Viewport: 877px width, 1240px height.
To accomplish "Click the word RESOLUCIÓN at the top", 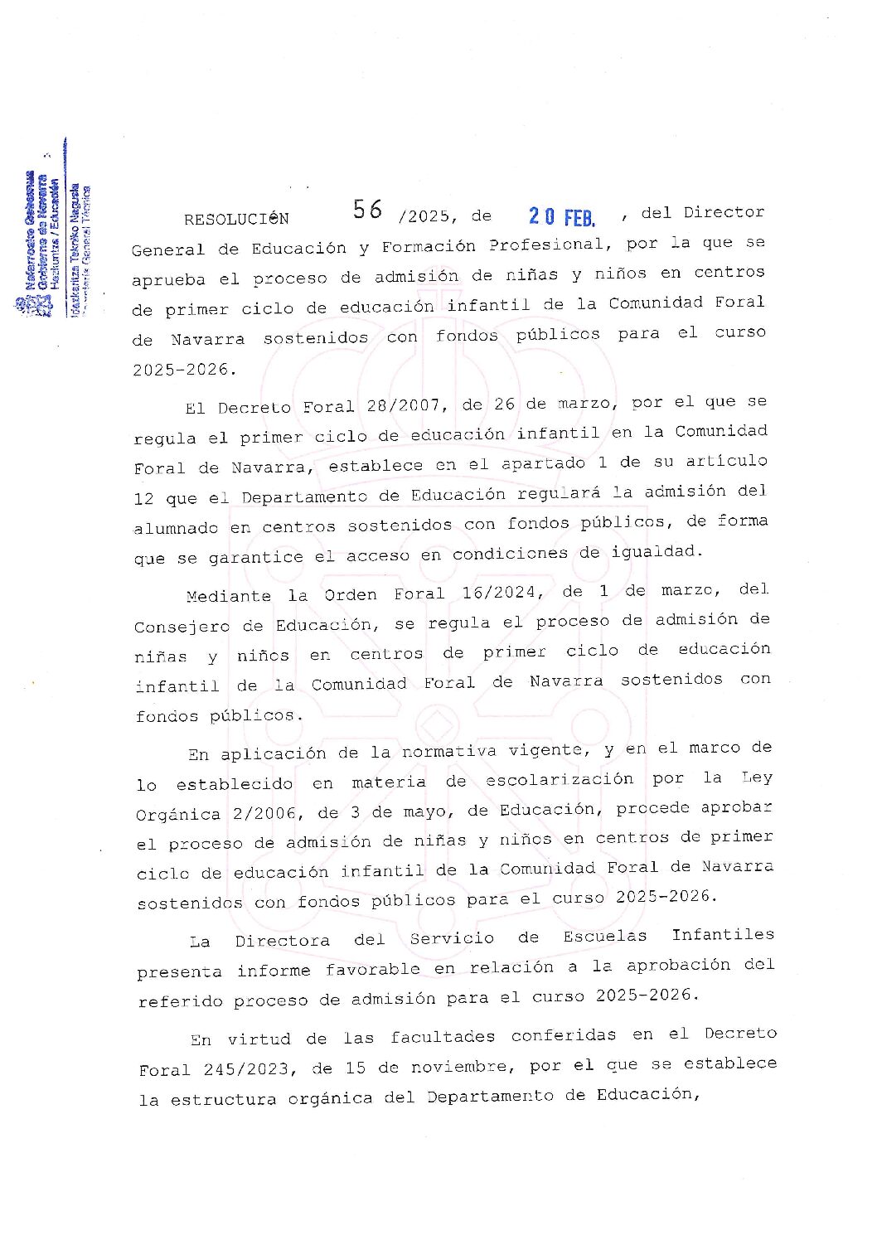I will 236,219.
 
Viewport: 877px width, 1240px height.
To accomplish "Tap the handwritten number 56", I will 367,210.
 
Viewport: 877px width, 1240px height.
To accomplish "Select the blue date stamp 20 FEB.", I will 562,217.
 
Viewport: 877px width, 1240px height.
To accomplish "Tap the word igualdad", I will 657,551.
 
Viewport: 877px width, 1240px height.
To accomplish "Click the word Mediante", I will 229,596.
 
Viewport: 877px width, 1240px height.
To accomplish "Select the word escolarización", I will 560,780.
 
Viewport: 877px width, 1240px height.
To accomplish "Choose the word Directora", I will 282,941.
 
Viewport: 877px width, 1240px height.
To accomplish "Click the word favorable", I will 373,969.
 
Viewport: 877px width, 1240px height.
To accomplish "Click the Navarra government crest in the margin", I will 22,305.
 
